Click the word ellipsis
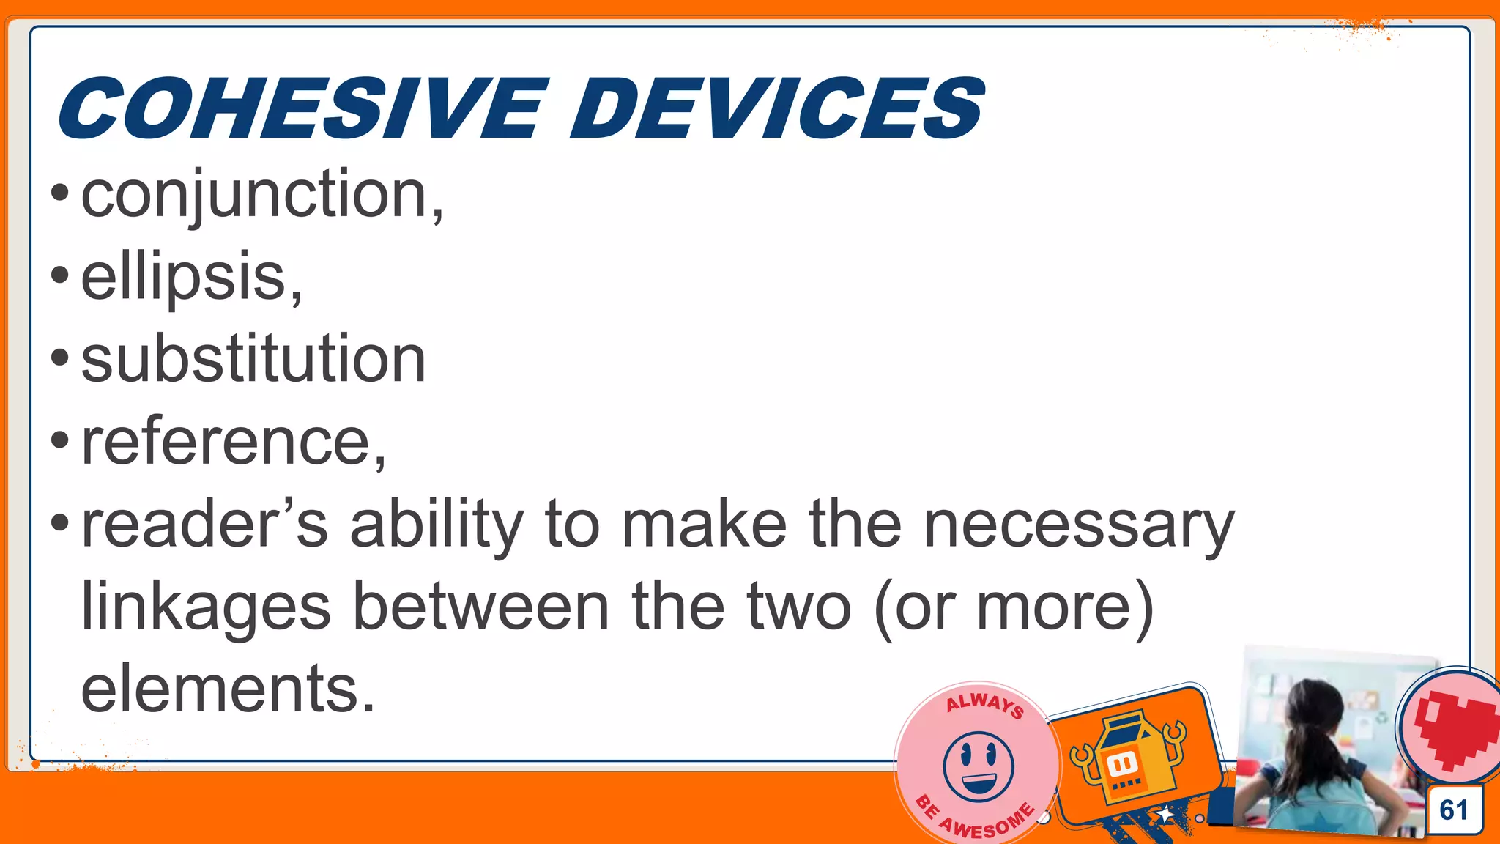[x=190, y=278]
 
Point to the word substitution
[x=253, y=359]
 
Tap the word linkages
[x=206, y=607]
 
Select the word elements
[x=227, y=689]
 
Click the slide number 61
[x=1453, y=810]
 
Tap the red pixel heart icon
[x=1455, y=729]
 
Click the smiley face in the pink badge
[x=979, y=766]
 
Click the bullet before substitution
[x=60, y=359]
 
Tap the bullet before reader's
[x=60, y=524]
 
